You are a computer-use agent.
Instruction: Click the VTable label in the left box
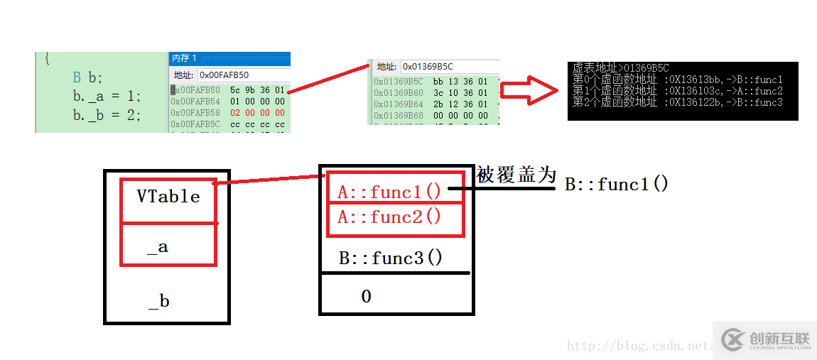pos(168,197)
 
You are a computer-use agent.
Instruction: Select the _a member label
pos(158,247)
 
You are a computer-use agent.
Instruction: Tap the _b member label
pos(158,301)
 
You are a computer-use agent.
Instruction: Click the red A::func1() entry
pos(389,192)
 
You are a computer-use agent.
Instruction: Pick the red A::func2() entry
pos(389,217)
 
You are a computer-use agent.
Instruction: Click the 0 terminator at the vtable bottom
pos(366,296)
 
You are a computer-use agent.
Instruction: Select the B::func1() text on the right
pos(617,185)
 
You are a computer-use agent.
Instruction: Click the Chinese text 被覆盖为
pos(516,175)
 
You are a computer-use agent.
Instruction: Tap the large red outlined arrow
pos(529,91)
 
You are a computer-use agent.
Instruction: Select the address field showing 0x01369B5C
pos(448,67)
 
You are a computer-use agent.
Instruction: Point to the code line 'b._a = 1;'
pos(107,96)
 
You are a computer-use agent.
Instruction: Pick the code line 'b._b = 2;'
pos(107,114)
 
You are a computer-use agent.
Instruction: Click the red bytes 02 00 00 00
pos(257,113)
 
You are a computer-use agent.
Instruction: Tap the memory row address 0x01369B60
pos(399,93)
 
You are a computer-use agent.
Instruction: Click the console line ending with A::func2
pos(677,91)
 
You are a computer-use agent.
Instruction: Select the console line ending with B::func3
pos(677,102)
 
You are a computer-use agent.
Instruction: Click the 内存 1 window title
pos(185,58)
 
